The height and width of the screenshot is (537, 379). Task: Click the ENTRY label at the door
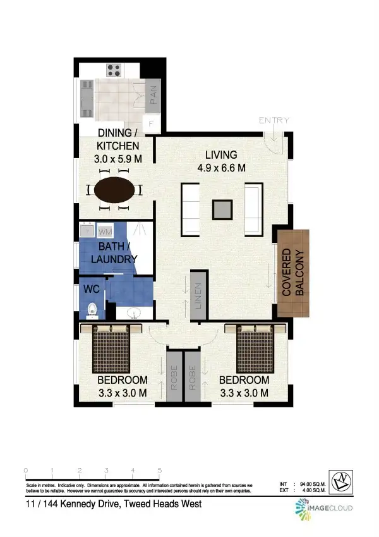pos(274,120)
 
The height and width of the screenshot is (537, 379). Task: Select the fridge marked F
pos(151,124)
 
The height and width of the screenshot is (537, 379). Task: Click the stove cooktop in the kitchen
pos(114,70)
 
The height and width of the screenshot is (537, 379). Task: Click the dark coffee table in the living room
pos(222,209)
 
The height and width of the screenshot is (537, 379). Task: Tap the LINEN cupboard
pos(199,295)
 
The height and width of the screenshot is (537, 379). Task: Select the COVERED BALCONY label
pos(293,273)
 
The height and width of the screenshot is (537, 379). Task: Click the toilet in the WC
pos(92,310)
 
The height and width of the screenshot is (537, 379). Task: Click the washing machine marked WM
pos(105,231)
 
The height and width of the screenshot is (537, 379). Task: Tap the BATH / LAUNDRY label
pos(114,253)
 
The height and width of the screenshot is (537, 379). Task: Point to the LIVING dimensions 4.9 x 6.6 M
pos(220,168)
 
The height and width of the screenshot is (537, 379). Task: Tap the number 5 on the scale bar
pos(160,471)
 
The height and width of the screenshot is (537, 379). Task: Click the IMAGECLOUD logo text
pos(331,508)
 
